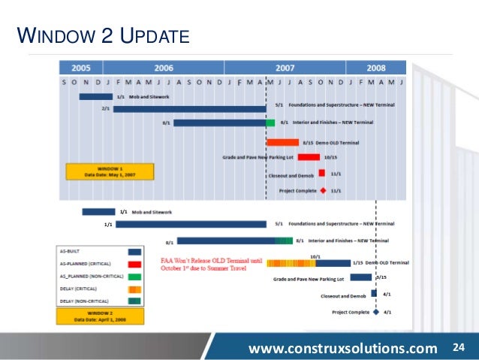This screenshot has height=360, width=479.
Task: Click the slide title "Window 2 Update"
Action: point(102,35)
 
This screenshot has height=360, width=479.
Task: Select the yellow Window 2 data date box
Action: point(100,316)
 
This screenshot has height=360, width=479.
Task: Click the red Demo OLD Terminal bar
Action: point(282,141)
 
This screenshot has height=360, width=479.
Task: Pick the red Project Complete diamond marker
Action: point(323,191)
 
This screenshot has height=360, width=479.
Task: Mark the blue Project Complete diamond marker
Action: point(376,311)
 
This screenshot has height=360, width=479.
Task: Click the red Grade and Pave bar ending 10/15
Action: point(309,157)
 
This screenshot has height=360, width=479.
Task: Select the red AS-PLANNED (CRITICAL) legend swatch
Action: point(135,264)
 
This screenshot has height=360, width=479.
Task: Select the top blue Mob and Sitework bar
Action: point(95,96)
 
